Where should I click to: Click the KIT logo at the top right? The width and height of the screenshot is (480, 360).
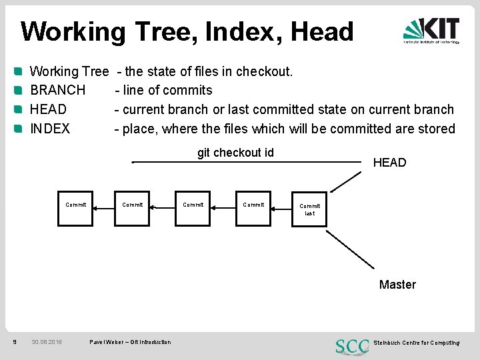tap(431, 31)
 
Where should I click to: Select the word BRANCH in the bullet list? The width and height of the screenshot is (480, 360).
tap(58, 90)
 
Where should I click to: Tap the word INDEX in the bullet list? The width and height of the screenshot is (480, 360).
tap(50, 129)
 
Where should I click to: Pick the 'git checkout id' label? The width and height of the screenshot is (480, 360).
tap(235, 153)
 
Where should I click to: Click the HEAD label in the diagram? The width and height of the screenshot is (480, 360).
tap(389, 163)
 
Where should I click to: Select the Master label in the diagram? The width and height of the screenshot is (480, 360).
tap(397, 285)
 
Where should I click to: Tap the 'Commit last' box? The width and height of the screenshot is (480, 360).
tap(310, 209)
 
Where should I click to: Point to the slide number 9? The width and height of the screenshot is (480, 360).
tap(15, 343)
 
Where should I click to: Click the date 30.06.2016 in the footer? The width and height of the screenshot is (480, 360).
tap(47, 343)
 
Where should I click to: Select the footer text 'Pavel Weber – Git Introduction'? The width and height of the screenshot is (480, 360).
tap(130, 343)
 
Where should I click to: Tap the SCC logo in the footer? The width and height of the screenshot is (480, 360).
tap(353, 346)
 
